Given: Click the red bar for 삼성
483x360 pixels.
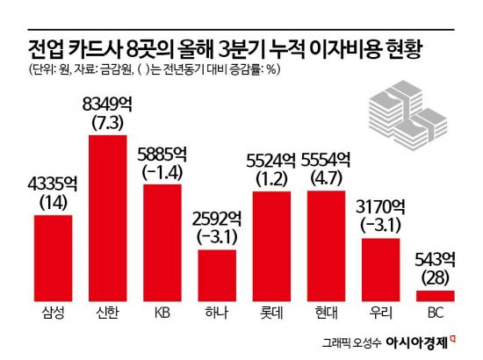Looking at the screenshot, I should click(53, 257).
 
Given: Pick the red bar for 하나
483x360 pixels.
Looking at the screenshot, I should click(216, 275).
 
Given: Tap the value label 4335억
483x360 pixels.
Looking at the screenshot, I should click(53, 184).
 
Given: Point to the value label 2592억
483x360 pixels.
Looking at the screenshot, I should click(216, 220).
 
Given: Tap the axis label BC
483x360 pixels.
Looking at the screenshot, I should click(434, 313).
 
